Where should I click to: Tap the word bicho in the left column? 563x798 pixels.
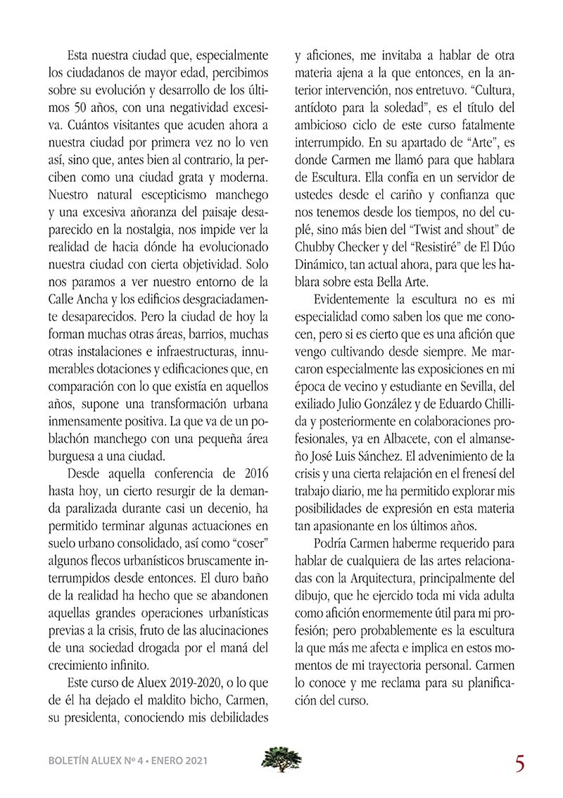coord(211,699)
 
